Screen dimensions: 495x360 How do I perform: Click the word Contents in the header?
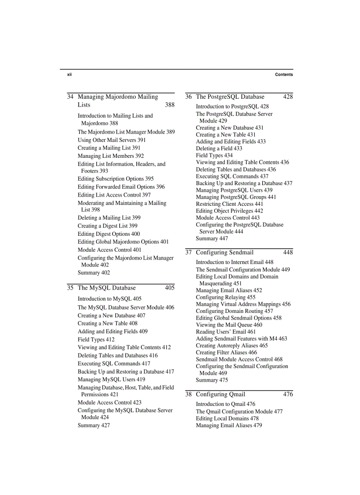tap(284, 75)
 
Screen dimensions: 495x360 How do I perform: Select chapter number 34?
tap(70, 97)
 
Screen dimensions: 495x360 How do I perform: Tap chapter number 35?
tap(70, 288)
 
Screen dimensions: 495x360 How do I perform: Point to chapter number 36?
tap(188, 97)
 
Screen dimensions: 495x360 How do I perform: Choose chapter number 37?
tap(188, 253)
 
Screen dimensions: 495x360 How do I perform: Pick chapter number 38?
tap(188, 395)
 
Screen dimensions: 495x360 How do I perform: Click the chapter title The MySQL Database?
tap(107, 288)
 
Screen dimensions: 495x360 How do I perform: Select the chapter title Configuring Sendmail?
tap(225, 253)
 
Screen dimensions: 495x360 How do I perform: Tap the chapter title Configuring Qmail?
tap(221, 395)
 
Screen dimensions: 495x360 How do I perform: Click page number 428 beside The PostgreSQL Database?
tap(288, 97)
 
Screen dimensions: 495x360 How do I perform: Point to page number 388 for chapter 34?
tap(169, 105)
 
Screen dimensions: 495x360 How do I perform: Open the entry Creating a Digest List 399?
tap(107, 226)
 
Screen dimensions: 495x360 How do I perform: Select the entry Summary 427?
tap(94, 425)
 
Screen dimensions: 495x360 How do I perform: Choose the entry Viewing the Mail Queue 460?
tap(229, 325)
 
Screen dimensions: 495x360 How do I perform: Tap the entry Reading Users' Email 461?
tap(225, 332)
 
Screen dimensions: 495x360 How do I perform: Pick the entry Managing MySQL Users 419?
tap(111, 380)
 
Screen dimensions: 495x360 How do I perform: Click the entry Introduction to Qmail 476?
tap(225, 404)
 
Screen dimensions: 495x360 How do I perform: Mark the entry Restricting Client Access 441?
tap(229, 204)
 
